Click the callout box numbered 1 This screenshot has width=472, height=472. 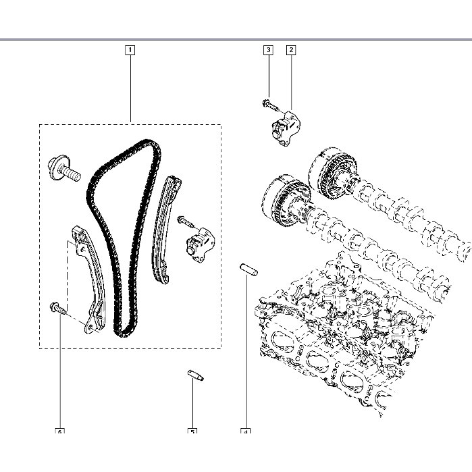click(x=130, y=50)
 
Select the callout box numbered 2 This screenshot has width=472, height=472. click(x=291, y=50)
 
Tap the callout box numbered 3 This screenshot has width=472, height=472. click(x=268, y=50)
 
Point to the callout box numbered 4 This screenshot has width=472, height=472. click(x=245, y=432)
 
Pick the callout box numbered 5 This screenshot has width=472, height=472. click(x=193, y=432)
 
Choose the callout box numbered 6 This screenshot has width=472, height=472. click(x=60, y=432)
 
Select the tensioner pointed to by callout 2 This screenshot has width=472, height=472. click(x=285, y=129)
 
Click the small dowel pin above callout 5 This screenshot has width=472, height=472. click(x=195, y=375)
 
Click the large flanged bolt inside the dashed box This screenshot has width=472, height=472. click(x=63, y=169)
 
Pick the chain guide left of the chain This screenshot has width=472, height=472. click(x=91, y=279)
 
